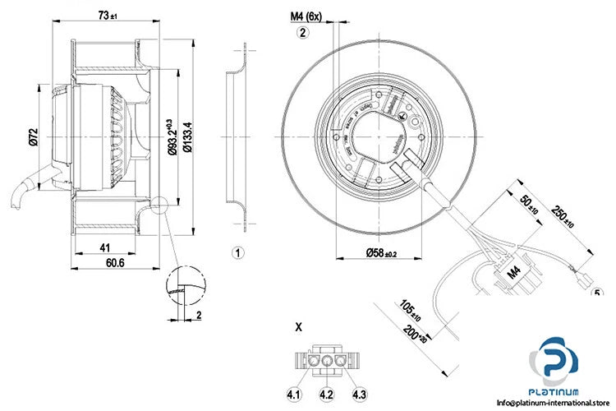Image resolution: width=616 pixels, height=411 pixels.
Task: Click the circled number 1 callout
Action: (237, 252)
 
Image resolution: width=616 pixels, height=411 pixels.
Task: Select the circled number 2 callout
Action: (302, 33)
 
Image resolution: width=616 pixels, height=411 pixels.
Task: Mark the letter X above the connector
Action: (298, 326)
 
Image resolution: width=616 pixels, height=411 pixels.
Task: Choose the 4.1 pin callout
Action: (294, 395)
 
